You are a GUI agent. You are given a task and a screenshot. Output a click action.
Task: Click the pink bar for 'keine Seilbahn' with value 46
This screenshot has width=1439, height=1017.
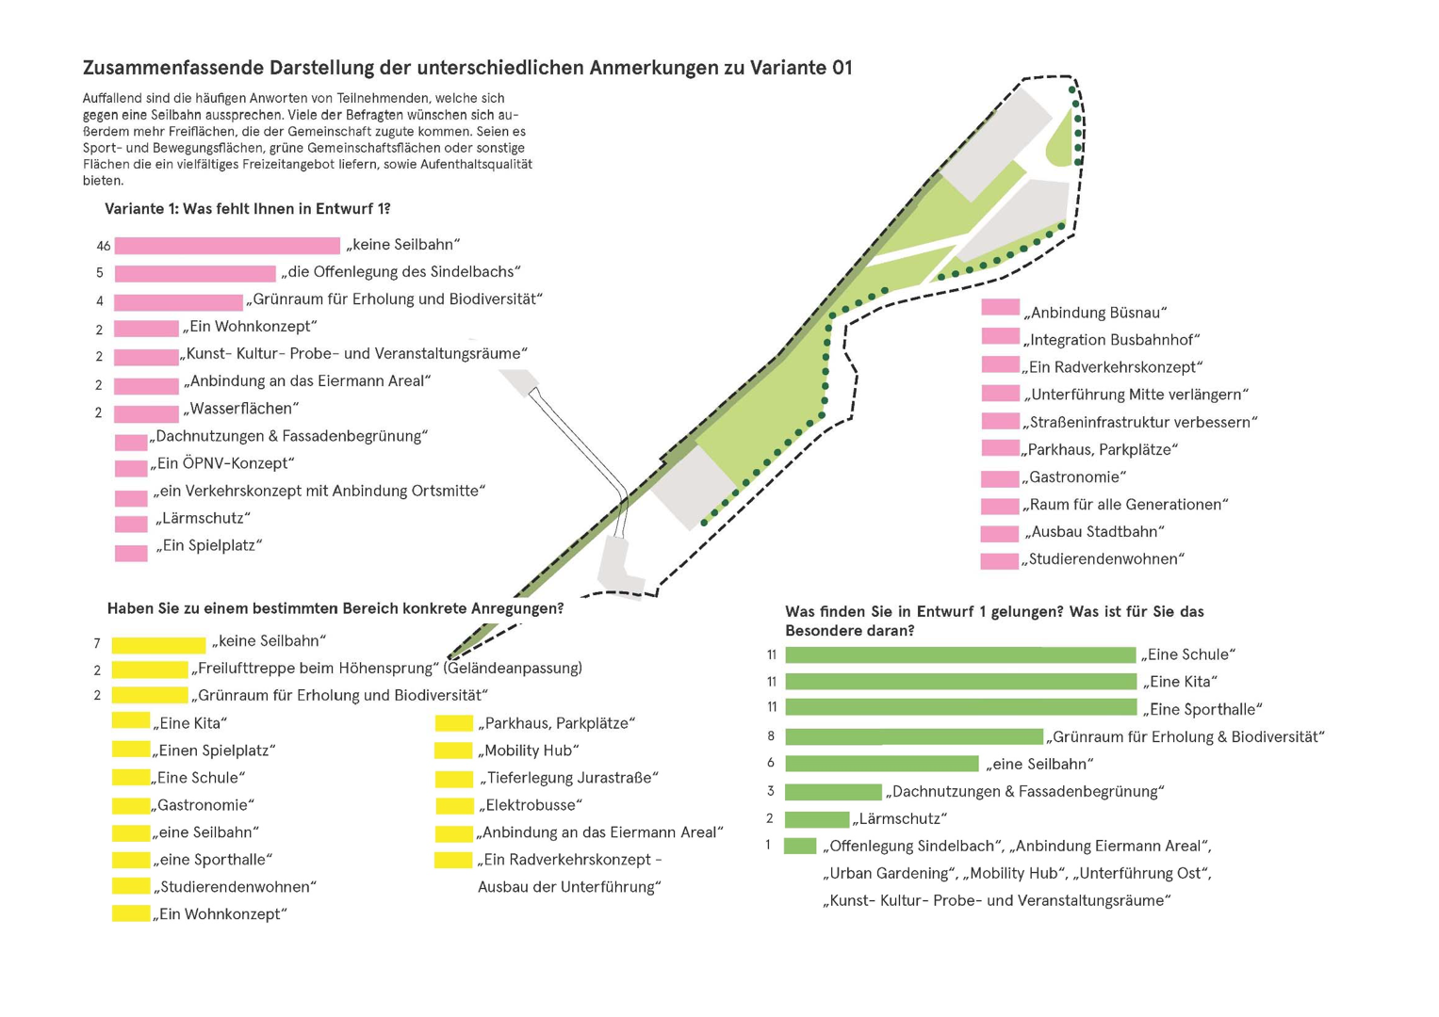pyautogui.click(x=227, y=246)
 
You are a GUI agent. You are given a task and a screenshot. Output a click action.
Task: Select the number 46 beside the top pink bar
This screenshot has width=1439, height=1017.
pyautogui.click(x=104, y=247)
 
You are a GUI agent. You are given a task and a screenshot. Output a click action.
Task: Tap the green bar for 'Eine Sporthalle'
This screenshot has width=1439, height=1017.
pyautogui.click(x=960, y=708)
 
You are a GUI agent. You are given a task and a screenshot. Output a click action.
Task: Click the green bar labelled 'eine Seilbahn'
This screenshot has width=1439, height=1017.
pyautogui.click(x=881, y=764)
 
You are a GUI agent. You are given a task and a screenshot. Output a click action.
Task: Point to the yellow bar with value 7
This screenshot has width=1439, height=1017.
pyautogui.click(x=158, y=645)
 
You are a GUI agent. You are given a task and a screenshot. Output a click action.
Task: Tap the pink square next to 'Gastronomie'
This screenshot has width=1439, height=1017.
pyautogui.click(x=1000, y=478)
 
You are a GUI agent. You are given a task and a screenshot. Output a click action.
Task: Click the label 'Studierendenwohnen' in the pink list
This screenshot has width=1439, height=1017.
pyautogui.click(x=1104, y=559)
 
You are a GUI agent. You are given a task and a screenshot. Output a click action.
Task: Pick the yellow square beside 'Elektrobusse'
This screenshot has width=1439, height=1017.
pyautogui.click(x=453, y=806)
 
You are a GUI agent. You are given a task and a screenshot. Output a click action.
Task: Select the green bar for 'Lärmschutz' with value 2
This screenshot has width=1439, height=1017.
pyautogui.click(x=816, y=819)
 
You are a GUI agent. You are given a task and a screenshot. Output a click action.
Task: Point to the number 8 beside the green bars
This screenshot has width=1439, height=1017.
pyautogui.click(x=771, y=736)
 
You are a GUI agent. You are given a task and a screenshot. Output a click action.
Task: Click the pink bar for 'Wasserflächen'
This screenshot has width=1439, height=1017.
pyautogui.click(x=146, y=413)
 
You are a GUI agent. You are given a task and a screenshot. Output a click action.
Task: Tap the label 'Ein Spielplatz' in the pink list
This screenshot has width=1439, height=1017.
pyautogui.click(x=209, y=545)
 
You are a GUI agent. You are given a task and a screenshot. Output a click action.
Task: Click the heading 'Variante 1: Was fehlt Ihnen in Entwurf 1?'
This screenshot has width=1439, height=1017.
pyautogui.click(x=247, y=209)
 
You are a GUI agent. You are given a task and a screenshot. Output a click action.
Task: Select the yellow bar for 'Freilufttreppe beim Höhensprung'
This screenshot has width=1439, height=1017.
pyautogui.click(x=150, y=670)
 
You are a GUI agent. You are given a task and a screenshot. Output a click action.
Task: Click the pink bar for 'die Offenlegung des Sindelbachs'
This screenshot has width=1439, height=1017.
pyautogui.click(x=195, y=274)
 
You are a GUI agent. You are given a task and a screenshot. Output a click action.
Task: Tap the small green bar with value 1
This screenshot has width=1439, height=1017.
pyautogui.click(x=800, y=846)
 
